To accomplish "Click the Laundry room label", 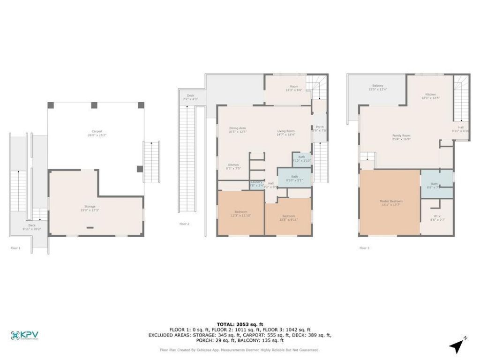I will (256, 183).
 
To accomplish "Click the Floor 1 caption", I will (15, 247).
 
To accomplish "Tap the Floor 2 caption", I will (184, 224).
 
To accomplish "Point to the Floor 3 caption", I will (364, 247).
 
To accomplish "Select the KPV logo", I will (24, 335).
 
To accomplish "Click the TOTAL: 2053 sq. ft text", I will (240, 324).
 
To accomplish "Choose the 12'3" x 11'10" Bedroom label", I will (241, 213).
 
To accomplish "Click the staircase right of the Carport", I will (152, 162).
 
